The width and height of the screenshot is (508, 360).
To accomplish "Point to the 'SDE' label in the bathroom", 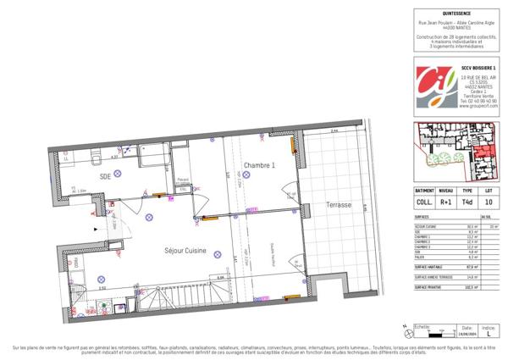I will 105,176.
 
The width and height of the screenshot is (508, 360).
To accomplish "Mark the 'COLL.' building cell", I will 425,202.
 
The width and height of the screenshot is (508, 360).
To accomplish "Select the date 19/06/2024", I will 464,337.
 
